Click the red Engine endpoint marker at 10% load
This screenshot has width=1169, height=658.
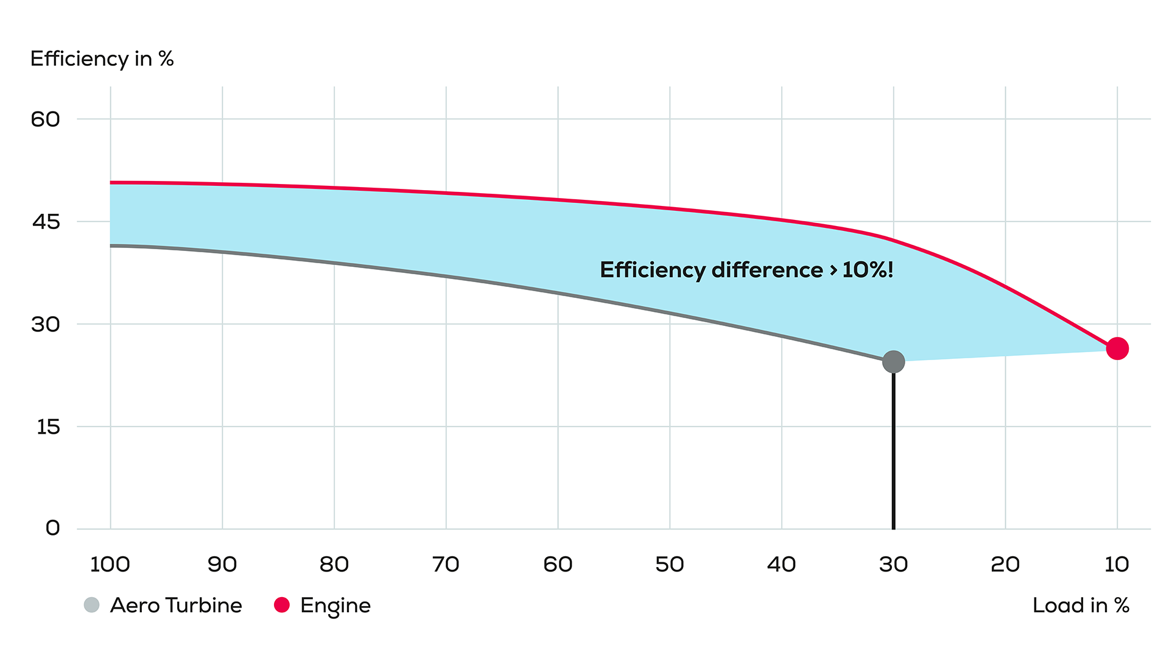click(1117, 348)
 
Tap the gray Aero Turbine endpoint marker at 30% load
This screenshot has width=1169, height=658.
click(893, 362)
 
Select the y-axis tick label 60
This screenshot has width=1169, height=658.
click(46, 119)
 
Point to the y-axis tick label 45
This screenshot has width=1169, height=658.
click(46, 222)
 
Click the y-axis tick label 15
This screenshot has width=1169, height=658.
click(48, 427)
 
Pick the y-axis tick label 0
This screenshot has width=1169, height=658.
click(53, 528)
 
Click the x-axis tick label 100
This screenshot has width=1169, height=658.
click(110, 564)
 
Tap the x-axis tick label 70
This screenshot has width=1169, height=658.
click(446, 564)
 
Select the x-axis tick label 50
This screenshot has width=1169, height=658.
click(669, 564)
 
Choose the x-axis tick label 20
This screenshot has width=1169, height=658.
click(1005, 564)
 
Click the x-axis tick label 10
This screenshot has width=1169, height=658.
click(1117, 564)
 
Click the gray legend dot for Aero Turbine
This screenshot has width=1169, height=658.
click(91, 605)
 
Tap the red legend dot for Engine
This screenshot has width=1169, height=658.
click(281, 605)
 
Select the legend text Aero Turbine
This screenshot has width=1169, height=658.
click(176, 606)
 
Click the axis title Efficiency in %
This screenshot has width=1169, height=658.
click(102, 59)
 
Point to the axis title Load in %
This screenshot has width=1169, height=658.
click(1081, 606)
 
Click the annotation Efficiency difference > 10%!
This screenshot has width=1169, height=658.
click(746, 270)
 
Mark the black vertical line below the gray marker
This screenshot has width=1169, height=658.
click(893, 451)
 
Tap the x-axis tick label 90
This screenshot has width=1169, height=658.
click(222, 564)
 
